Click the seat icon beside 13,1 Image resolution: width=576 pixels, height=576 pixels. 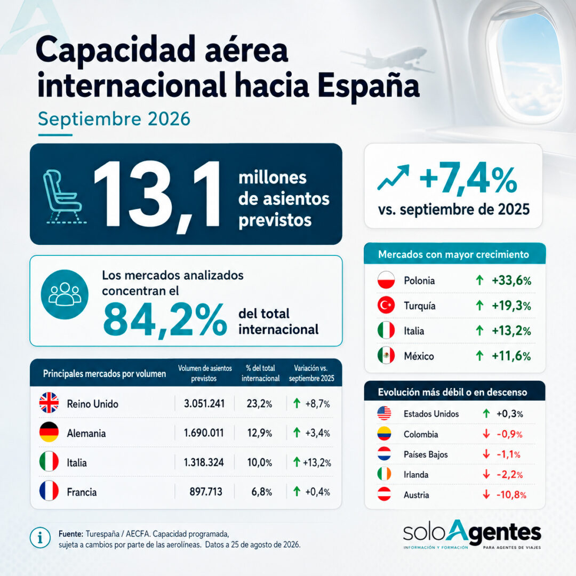pos(63,196)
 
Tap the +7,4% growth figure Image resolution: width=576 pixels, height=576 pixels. pos(468,179)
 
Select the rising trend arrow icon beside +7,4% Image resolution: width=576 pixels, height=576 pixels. pos(393,178)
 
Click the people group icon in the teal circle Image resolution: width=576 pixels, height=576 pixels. pos(65,294)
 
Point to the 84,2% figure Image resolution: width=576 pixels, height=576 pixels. pos(165,319)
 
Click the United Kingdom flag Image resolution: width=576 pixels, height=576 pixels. pos(49,403)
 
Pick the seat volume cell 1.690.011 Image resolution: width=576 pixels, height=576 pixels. pos(204,433)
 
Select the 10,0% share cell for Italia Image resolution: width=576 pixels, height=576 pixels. pos(260,462)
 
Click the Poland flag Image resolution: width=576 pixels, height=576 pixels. pos(386,281)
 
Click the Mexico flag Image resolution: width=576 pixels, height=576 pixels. pos(386,356)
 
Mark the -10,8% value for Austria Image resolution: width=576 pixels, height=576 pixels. pos(511,495)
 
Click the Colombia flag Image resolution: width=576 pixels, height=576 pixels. pos(384,434)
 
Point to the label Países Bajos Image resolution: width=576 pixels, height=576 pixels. pos(426,454)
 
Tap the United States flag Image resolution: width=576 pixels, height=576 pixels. pos(384,414)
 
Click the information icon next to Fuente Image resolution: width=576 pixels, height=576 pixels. pos(40,538)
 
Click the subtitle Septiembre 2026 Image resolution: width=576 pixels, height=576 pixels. pos(114,119)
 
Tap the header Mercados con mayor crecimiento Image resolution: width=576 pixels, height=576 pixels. pos(454,254)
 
